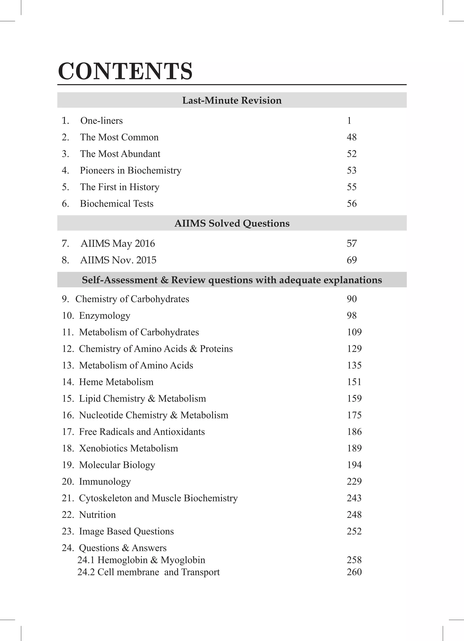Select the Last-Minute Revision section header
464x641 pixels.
(x=232, y=100)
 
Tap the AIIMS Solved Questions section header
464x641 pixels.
(x=232, y=223)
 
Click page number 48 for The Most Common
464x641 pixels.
(x=352, y=137)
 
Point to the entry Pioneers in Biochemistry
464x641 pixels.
(x=130, y=170)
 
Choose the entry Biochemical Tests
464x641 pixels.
(x=116, y=204)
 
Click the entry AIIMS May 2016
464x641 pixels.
(x=118, y=244)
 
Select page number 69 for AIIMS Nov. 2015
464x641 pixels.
(x=352, y=260)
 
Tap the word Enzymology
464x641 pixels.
(x=104, y=316)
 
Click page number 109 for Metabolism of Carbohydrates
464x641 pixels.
(x=354, y=332)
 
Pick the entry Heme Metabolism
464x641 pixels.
(x=116, y=382)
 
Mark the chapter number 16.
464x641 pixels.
(x=68, y=415)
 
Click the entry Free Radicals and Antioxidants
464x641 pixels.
(x=142, y=432)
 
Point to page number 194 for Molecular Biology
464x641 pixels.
(x=354, y=465)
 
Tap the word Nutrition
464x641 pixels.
(x=97, y=515)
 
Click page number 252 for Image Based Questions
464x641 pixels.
(x=354, y=531)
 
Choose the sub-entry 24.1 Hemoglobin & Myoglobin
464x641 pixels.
(x=141, y=560)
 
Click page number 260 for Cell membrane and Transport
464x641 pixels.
(x=354, y=572)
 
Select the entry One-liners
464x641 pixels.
(x=101, y=121)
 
